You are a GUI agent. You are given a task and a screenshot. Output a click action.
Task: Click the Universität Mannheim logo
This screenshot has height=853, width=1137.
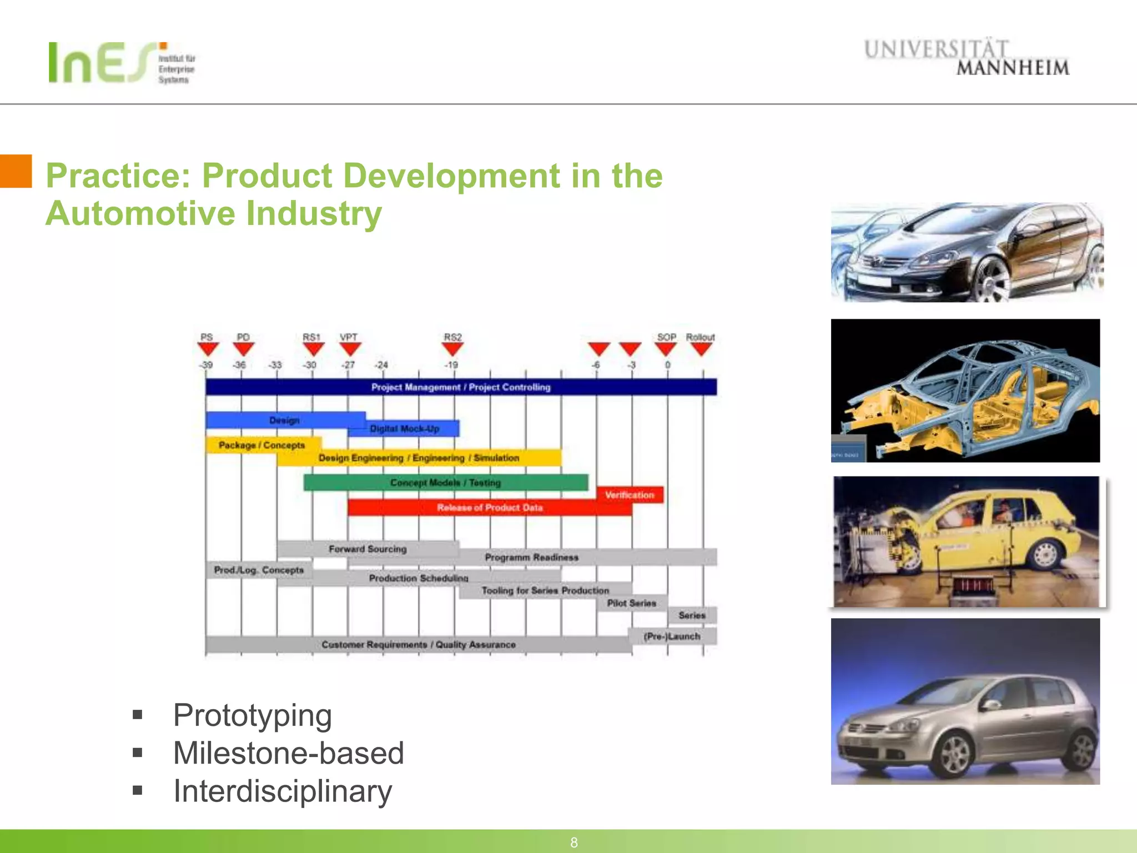click(966, 57)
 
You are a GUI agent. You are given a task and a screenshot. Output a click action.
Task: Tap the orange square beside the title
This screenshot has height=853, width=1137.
click(16, 171)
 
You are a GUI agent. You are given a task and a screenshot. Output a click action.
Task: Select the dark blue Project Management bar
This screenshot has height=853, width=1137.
click(461, 387)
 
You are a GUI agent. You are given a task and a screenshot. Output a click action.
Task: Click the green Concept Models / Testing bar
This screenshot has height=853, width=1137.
click(445, 483)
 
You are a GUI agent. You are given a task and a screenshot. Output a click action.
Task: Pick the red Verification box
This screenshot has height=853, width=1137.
click(630, 494)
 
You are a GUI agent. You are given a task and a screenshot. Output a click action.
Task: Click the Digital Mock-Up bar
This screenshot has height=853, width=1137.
click(404, 429)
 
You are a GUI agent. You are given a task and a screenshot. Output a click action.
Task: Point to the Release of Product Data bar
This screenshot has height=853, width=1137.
click(489, 508)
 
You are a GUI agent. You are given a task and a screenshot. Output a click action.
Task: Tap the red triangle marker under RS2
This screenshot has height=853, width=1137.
click(452, 349)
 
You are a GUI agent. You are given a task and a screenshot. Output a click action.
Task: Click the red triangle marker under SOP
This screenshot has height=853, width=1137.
click(666, 349)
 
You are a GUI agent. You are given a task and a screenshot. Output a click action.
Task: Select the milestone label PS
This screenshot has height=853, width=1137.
click(207, 337)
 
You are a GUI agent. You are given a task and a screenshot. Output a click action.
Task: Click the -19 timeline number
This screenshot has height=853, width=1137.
click(451, 365)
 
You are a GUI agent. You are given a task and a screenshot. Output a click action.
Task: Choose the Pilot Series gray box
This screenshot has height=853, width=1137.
click(632, 603)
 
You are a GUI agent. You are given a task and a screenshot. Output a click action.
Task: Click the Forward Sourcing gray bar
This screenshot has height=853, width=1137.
click(368, 549)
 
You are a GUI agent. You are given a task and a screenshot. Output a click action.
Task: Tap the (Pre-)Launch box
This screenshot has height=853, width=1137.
click(672, 636)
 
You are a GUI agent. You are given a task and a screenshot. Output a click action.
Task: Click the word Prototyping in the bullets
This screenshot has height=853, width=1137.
click(253, 715)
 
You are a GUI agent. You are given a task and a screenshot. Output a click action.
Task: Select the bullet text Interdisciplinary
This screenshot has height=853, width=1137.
click(283, 791)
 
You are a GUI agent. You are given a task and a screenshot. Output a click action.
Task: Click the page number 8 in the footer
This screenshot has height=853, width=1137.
click(574, 842)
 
